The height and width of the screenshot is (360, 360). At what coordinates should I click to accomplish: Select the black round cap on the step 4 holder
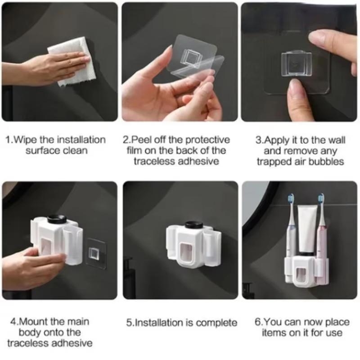(57, 218)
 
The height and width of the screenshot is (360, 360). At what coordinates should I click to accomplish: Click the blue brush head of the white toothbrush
(291, 199)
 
